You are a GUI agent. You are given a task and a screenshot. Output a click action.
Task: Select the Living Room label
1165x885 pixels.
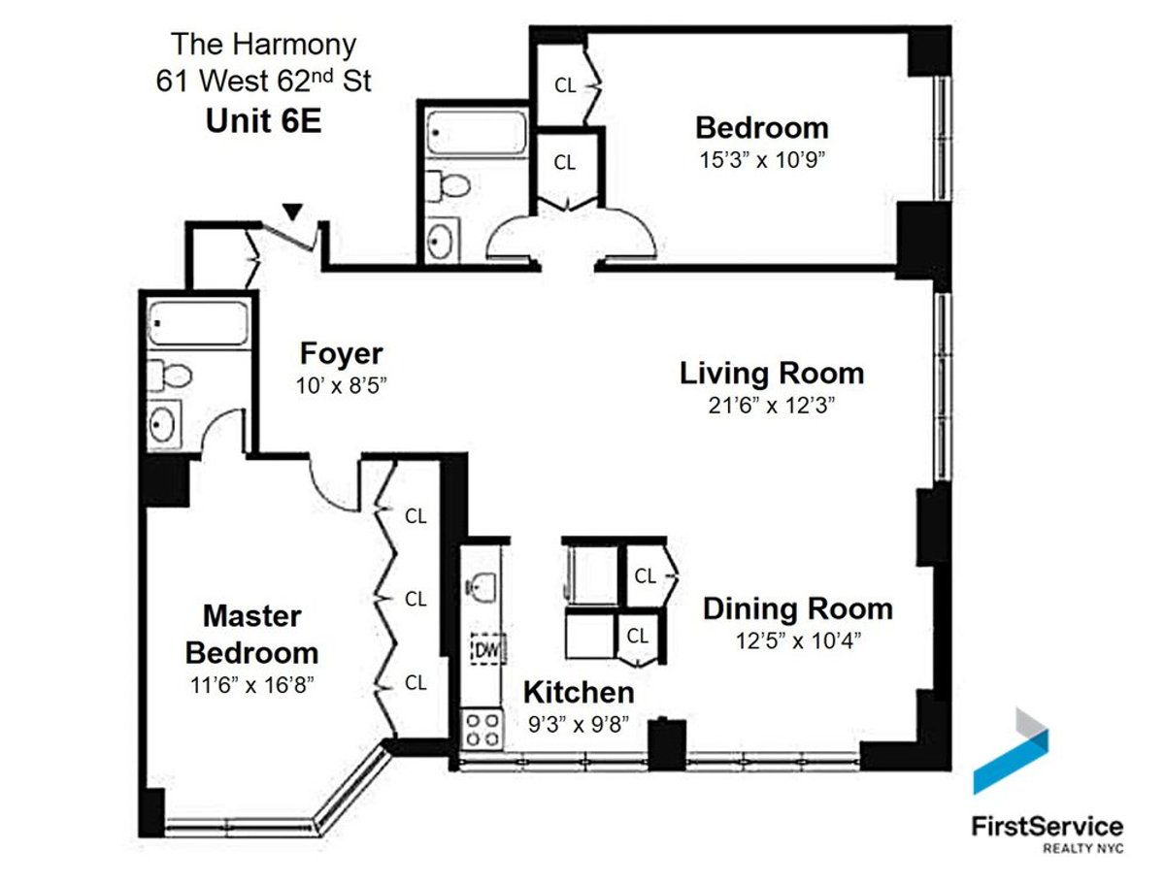coord(771,373)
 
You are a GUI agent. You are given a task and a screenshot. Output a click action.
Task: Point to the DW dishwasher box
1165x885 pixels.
coord(484,649)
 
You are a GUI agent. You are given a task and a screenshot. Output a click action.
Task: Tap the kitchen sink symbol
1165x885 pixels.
coord(483,585)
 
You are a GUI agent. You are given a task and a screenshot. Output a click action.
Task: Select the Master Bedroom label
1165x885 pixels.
coord(251,633)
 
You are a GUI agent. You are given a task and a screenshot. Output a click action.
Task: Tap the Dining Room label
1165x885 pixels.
coord(797,608)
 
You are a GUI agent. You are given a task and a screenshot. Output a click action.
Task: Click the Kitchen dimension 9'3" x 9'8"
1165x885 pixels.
coord(578,722)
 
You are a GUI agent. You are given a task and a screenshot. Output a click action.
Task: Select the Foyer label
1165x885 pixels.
coord(341,352)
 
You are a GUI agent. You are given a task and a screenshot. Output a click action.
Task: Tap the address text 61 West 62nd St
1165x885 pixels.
coord(263,81)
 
